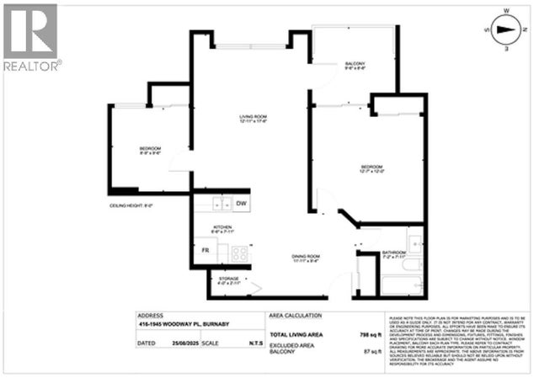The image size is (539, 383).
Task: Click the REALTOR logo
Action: point(31,37)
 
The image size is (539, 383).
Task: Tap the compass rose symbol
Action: point(504,32)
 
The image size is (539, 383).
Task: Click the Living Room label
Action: point(253,119)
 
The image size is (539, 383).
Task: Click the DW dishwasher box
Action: point(241,204)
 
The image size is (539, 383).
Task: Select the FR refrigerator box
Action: point(205,251)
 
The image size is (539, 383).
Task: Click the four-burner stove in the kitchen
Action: point(239,252)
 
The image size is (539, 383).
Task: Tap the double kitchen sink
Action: point(221,204)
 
